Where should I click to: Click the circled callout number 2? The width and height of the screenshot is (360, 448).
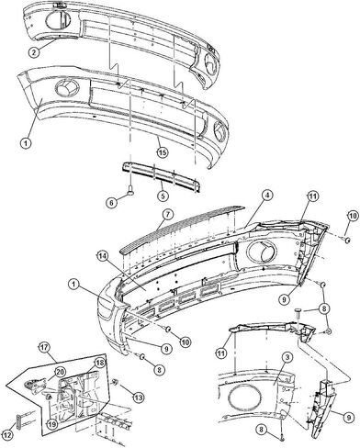pos(34,51)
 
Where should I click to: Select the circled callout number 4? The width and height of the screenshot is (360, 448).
pos(267,196)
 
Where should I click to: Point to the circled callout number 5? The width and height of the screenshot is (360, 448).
pos(163,195)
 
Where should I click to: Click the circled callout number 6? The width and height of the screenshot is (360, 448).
pos(112,202)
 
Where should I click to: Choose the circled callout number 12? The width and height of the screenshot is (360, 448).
pos(8,436)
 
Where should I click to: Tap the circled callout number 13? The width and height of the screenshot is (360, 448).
pos(139,398)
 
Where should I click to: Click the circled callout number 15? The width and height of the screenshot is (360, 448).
pos(163,152)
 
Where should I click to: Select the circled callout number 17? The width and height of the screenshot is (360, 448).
pos(44,348)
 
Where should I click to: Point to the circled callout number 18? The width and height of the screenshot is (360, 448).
pos(99,363)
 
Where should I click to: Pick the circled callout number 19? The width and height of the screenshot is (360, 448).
pos(52,423)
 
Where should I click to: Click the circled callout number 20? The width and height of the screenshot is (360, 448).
pos(60,372)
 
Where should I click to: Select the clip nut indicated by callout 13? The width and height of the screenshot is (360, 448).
pos(116,382)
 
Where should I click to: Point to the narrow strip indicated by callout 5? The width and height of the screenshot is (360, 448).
pos(162,176)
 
